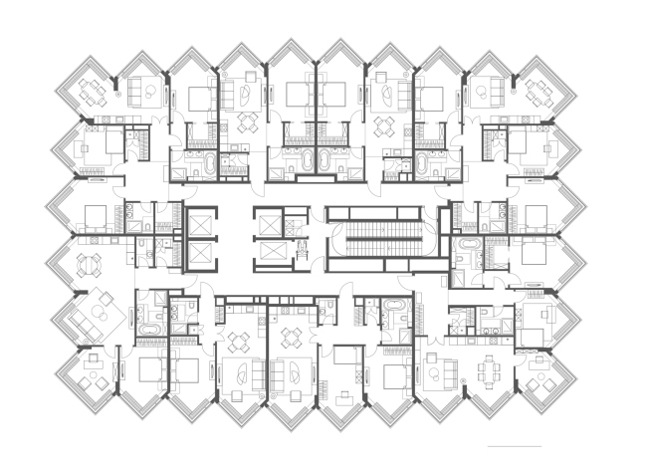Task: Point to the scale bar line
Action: point(514,445)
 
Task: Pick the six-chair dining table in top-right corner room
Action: point(543,93)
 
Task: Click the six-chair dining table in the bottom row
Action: point(490,371)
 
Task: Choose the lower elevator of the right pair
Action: point(269,255)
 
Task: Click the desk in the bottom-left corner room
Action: point(93,377)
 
